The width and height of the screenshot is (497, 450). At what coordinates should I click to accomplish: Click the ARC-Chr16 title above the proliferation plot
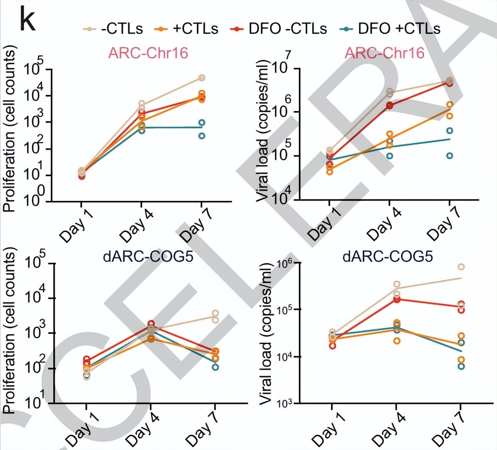tap(148, 53)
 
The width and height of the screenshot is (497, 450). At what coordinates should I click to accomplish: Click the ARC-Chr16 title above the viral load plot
tap(384, 53)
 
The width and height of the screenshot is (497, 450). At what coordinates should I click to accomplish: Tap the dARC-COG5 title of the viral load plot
tap(388, 256)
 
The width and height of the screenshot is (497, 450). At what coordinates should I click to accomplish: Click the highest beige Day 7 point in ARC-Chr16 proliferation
tap(202, 78)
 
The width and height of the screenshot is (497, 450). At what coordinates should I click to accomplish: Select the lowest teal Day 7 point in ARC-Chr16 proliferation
tap(202, 136)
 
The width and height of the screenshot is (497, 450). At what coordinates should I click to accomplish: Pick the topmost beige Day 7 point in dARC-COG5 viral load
tap(461, 267)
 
